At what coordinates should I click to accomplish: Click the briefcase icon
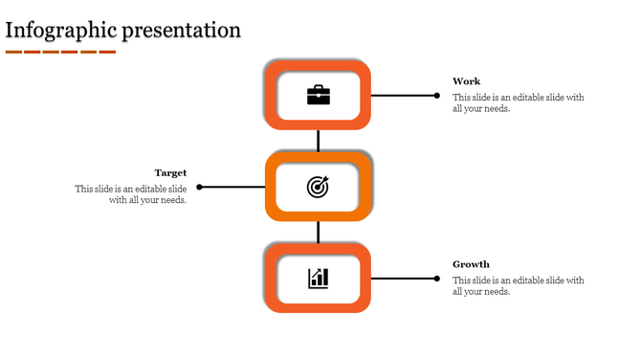[x=318, y=95]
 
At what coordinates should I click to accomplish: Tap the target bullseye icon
[x=318, y=187]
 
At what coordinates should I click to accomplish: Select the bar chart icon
[x=318, y=279]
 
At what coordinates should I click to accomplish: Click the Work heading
[x=467, y=81]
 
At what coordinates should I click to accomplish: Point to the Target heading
[x=170, y=173]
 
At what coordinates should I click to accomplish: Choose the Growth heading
[x=471, y=264]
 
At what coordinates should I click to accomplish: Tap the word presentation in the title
[x=183, y=30]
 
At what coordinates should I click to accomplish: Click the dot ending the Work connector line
[x=437, y=95]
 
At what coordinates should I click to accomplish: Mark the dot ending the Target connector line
[x=199, y=187]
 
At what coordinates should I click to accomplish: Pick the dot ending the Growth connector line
[x=437, y=279]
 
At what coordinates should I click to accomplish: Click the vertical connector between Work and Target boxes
[x=318, y=141]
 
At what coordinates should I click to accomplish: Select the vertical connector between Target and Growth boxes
[x=318, y=233]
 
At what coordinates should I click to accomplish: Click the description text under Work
[x=518, y=102]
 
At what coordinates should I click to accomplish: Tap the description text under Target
[x=132, y=194]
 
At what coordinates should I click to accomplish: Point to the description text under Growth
[x=518, y=285]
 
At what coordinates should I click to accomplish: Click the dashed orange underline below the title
[x=60, y=52]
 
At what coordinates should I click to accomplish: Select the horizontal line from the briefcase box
[x=403, y=95]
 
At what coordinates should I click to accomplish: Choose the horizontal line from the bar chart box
[x=403, y=279]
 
